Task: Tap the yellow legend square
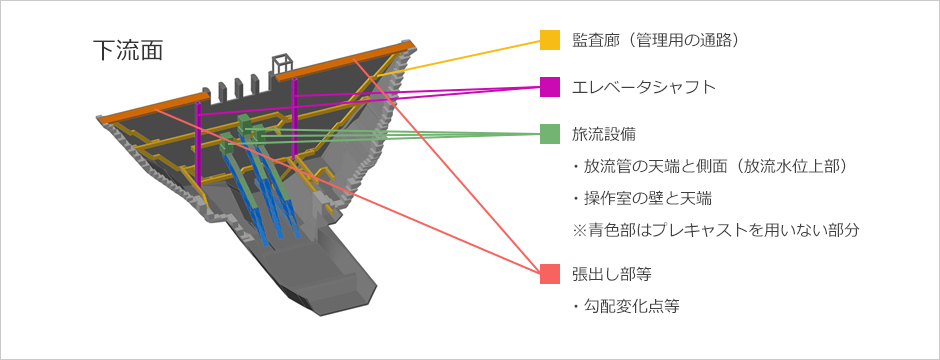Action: [x=549, y=40]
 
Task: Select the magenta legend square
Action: [x=549, y=86]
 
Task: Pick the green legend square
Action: [x=549, y=133]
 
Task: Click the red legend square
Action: [x=549, y=274]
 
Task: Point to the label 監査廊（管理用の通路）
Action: [x=655, y=40]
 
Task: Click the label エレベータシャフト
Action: [x=644, y=86]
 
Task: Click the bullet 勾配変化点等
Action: [x=626, y=306]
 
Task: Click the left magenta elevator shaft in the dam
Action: [x=199, y=140]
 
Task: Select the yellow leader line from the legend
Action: [x=470, y=58]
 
